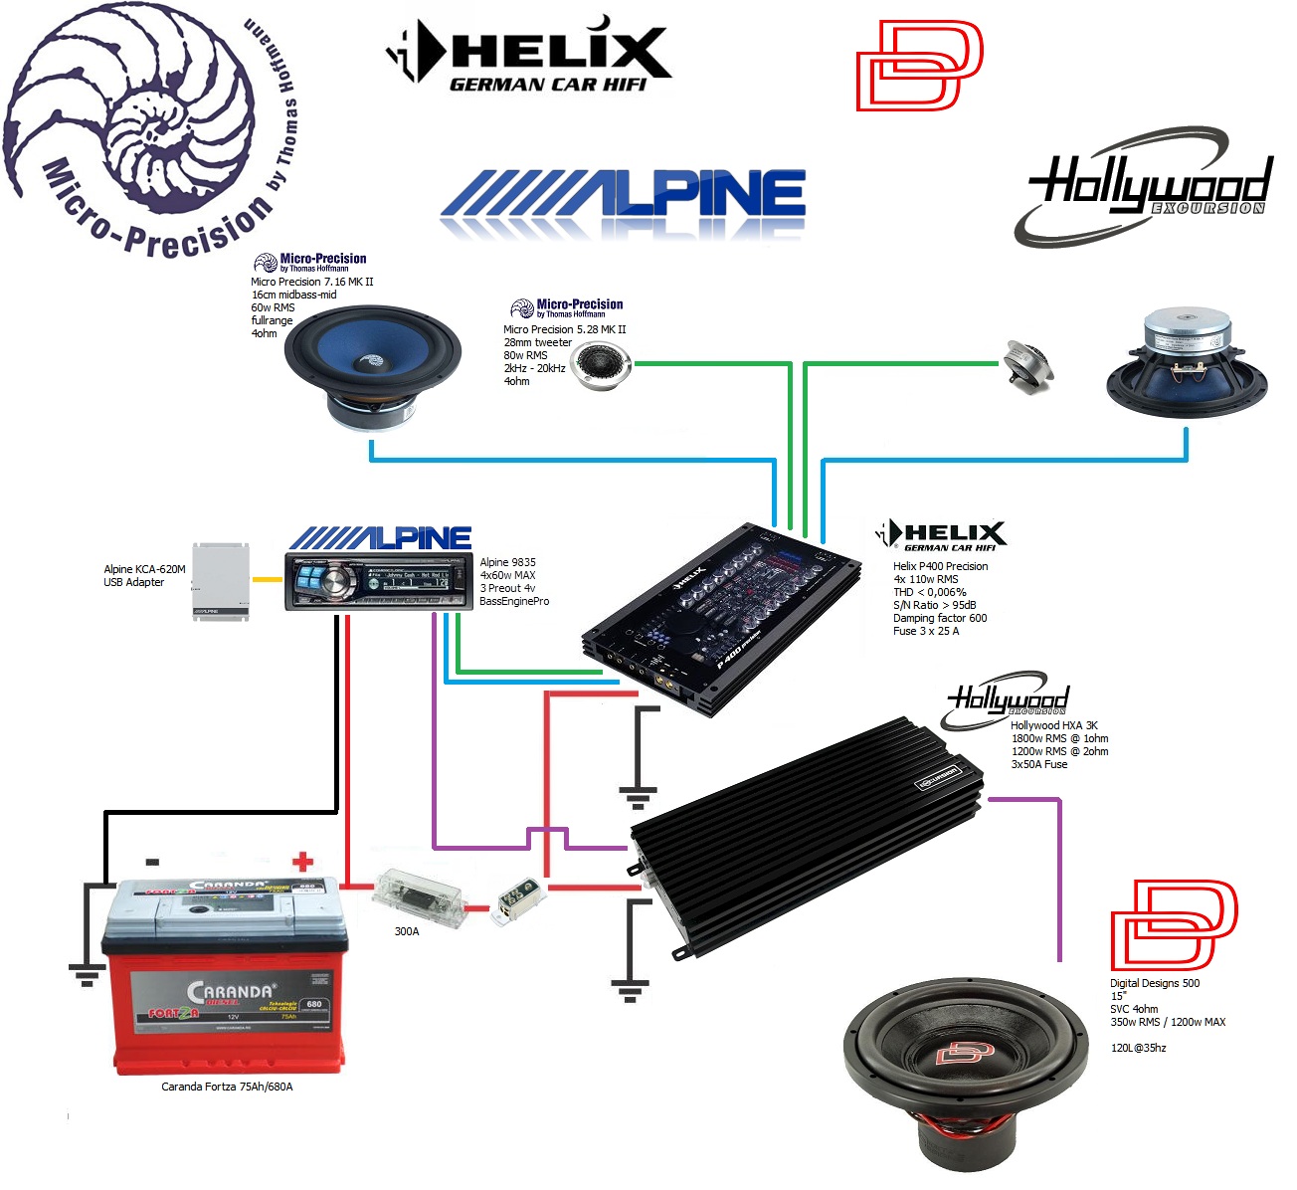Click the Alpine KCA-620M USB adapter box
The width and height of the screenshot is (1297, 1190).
[220, 582]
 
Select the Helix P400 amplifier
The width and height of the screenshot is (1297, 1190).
[721, 617]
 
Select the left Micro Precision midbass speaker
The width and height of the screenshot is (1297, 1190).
[372, 364]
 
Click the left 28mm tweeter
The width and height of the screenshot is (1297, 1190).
[599, 364]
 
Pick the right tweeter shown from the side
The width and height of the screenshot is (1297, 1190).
[1026, 364]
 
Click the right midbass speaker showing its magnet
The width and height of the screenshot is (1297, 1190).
[1187, 363]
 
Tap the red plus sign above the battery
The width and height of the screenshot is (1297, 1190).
[302, 861]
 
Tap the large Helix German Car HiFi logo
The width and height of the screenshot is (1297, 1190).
[529, 54]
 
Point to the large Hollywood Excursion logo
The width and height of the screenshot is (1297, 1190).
[1144, 186]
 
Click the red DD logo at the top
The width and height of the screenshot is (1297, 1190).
[919, 64]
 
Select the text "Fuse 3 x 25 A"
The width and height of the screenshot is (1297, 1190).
[925, 631]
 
